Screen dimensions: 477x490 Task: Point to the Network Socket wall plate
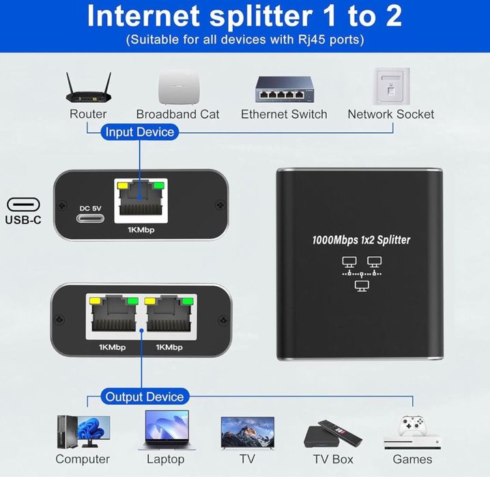pos(390,86)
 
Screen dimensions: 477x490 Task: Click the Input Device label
pos(140,132)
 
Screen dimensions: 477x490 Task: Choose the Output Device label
pos(144,397)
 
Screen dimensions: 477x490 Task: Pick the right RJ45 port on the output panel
pos(169,317)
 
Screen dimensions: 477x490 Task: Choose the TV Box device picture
pos(332,433)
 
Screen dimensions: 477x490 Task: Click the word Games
pos(412,459)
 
